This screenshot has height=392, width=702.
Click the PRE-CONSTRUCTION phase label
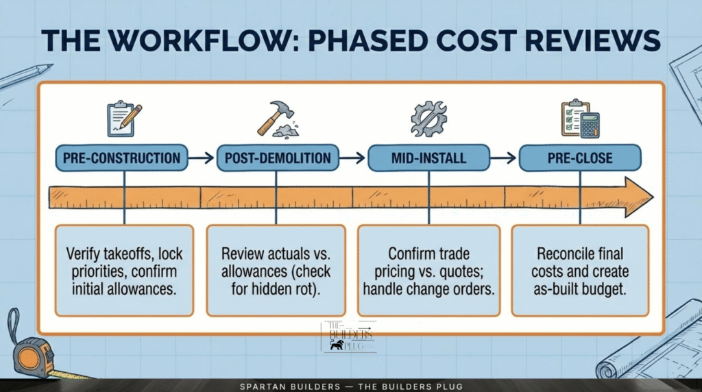(121, 158)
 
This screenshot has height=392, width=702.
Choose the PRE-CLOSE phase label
(579, 158)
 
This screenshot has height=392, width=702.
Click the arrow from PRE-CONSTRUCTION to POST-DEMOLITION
(201, 158)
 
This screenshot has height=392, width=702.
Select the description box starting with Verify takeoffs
(123, 270)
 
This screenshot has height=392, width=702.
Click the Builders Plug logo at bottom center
(349, 336)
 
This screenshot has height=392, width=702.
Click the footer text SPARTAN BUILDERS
(281, 387)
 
